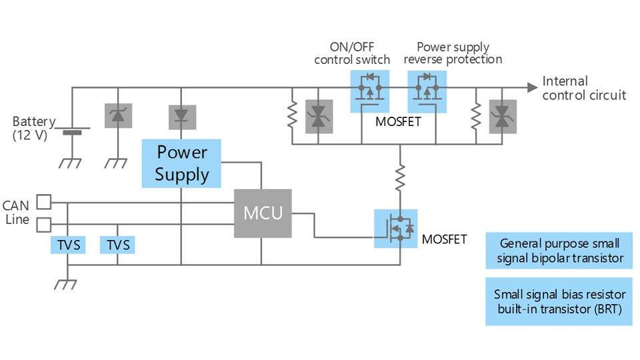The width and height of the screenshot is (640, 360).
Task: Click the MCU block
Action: click(x=262, y=213)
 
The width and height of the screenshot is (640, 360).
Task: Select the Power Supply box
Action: click(x=182, y=163)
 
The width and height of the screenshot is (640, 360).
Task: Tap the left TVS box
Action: click(x=68, y=245)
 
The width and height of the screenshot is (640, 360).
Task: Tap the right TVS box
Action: click(x=117, y=245)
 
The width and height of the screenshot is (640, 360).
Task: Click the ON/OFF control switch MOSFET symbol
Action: click(x=369, y=91)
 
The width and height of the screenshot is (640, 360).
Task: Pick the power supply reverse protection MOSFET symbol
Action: click(x=426, y=91)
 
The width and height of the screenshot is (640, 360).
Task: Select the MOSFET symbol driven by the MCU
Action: click(x=397, y=228)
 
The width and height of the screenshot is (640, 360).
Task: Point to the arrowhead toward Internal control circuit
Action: click(x=531, y=87)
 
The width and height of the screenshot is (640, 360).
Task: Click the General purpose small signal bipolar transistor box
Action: click(x=559, y=251)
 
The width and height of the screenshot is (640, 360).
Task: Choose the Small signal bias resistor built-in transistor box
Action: click(x=559, y=301)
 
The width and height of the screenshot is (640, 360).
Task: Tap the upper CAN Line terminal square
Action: click(x=43, y=201)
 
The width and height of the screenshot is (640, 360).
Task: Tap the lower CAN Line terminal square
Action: click(x=43, y=223)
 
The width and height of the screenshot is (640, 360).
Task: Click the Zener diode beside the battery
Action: click(x=118, y=116)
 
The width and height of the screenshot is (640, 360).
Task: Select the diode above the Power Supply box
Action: click(x=181, y=116)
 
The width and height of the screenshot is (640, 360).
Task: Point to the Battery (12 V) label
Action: click(x=31, y=129)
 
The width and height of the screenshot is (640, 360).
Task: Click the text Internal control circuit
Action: click(x=584, y=88)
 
